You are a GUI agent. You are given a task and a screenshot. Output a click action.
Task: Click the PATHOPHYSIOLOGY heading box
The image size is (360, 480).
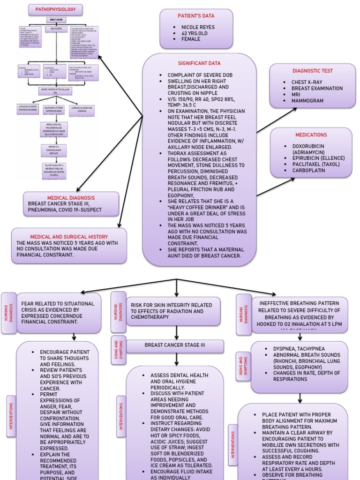(56, 9)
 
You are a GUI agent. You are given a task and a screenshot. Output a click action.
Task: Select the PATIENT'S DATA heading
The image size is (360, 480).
(196, 16)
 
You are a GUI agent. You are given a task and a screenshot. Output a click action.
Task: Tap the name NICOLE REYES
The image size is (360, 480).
(198, 27)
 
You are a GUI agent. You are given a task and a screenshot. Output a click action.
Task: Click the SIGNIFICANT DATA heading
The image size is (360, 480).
(199, 63)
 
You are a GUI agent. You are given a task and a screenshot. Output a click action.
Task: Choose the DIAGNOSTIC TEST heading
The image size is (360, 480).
(313, 71)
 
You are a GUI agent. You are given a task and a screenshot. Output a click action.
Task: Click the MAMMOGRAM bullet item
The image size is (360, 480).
(307, 101)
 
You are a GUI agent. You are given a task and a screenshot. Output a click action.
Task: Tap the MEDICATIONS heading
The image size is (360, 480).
(311, 135)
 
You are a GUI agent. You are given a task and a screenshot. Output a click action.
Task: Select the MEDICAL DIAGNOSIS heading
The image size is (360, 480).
(71, 198)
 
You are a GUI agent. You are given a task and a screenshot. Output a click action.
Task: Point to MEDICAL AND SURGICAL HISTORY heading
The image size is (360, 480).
(69, 237)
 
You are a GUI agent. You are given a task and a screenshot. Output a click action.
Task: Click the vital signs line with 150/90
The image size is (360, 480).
(202, 99)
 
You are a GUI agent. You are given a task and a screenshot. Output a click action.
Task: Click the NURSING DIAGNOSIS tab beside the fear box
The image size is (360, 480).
(8, 313)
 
